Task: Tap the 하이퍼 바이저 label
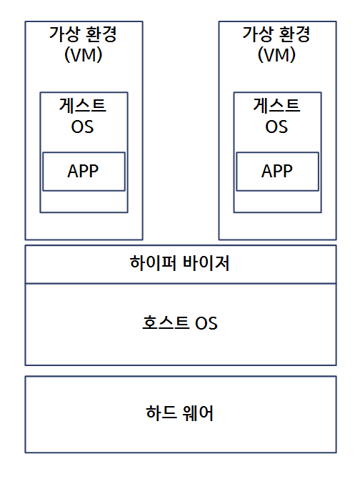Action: click(179, 263)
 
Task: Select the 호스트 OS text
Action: click(180, 323)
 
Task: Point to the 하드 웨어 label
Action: click(180, 413)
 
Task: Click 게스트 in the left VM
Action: click(83, 105)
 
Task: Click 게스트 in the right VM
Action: click(276, 105)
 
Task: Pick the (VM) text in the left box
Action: click(83, 55)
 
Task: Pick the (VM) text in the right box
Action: click(276, 55)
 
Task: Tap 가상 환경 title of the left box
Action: click(83, 34)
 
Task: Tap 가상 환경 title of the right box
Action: click(276, 34)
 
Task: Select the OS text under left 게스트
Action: click(82, 127)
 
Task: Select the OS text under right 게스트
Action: click(276, 127)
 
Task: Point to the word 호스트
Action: click(166, 322)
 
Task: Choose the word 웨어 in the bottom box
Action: click(198, 413)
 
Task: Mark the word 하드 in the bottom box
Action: click(161, 413)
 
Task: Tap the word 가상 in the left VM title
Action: click(65, 34)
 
